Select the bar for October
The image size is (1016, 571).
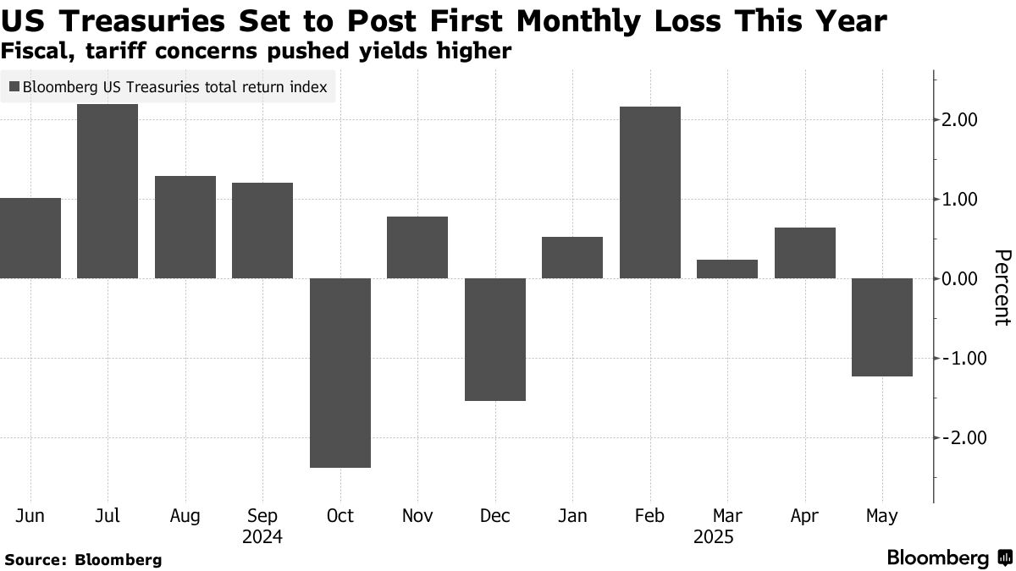click(340, 372)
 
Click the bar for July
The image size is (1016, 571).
click(107, 191)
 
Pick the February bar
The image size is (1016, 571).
click(649, 192)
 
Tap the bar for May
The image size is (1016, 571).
click(882, 327)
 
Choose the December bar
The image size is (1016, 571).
click(495, 339)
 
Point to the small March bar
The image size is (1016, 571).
click(727, 269)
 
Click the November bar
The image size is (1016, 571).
click(417, 247)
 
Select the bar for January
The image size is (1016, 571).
click(572, 257)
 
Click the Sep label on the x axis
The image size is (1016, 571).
click(262, 516)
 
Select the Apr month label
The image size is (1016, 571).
click(805, 516)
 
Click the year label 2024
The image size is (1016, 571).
click(262, 537)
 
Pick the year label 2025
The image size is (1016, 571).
click(713, 537)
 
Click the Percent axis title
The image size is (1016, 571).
click(1001, 287)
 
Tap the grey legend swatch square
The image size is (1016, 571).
click(14, 86)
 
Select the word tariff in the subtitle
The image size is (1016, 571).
click(103, 52)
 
